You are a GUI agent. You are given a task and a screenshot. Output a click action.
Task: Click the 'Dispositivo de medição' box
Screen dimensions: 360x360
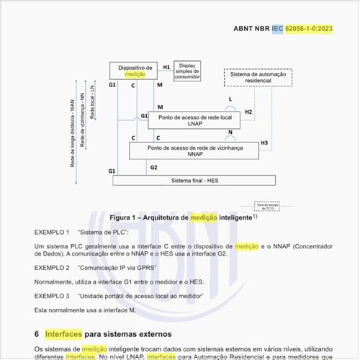click(134, 71)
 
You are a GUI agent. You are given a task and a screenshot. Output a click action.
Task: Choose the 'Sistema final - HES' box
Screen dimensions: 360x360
click(184, 180)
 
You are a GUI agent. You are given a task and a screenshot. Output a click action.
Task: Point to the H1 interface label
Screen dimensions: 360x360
click(166, 67)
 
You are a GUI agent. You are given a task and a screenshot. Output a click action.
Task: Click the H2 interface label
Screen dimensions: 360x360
click(248, 112)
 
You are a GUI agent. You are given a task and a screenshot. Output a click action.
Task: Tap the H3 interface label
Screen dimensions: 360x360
click(264, 143)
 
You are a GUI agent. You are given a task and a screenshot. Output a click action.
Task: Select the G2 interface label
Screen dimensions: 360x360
click(153, 167)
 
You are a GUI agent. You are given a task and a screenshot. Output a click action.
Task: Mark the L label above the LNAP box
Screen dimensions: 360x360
click(230, 99)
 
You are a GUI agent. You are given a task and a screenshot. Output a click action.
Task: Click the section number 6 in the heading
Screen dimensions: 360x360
click(37, 334)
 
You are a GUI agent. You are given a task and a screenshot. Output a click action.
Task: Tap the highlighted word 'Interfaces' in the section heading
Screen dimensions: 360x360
click(63, 334)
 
